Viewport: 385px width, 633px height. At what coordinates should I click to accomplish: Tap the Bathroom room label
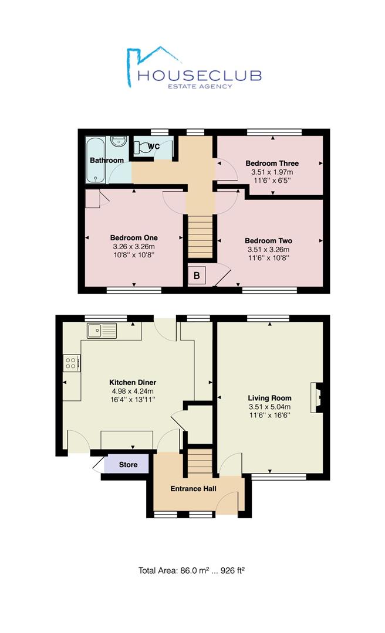[107, 160]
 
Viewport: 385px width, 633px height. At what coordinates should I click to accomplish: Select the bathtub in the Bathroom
[96, 160]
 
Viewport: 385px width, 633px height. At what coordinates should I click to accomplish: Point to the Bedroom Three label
[272, 164]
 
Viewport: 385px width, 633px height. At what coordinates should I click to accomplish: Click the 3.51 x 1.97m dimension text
[272, 172]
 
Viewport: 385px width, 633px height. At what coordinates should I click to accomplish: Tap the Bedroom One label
[134, 238]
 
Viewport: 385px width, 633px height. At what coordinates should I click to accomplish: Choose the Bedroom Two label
[269, 241]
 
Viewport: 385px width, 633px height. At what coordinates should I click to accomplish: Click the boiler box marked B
[197, 275]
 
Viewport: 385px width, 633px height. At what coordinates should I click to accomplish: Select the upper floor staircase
[200, 237]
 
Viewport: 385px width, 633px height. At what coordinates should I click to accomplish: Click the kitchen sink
[102, 330]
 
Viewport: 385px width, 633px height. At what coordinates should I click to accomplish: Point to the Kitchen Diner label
[133, 383]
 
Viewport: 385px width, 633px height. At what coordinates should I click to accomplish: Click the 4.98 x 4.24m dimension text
[133, 391]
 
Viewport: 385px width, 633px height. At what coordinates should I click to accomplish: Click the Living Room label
[270, 398]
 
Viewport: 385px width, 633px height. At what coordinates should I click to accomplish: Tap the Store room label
[128, 465]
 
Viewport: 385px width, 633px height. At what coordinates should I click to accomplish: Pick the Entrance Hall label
[193, 489]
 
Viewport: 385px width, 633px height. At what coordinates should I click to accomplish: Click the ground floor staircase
[200, 461]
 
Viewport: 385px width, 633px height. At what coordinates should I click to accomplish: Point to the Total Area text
[192, 570]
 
